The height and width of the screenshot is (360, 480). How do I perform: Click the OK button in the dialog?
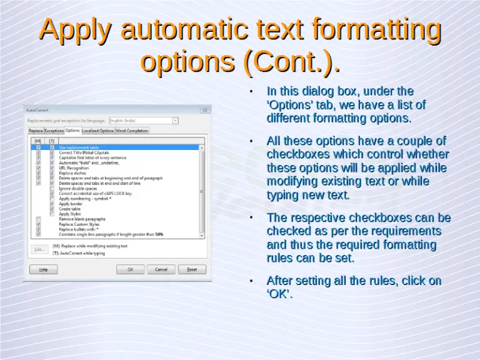click(x=131, y=269)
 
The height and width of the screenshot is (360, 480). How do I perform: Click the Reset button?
click(x=192, y=269)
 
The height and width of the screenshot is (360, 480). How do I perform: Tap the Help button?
click(x=44, y=269)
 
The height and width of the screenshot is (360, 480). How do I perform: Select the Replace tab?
click(x=36, y=131)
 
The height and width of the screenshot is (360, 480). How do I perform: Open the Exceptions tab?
click(x=54, y=131)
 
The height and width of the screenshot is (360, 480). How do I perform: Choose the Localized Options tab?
click(x=98, y=131)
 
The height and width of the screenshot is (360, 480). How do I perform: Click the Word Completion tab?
click(x=132, y=131)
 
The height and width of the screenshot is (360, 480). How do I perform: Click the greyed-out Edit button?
click(x=39, y=249)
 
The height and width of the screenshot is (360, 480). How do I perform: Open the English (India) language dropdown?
click(x=144, y=120)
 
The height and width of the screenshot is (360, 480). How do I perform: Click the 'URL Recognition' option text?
click(x=74, y=167)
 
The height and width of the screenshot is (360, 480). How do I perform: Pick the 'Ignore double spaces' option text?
click(x=79, y=188)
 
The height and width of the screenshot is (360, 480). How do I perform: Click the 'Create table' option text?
click(x=69, y=209)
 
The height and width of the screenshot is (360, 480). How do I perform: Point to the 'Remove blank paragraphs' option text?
click(x=82, y=219)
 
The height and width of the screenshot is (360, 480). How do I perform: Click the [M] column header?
click(x=39, y=141)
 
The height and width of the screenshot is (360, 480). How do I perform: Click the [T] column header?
click(x=52, y=141)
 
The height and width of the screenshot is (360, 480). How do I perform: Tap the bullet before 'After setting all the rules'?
click(x=251, y=281)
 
